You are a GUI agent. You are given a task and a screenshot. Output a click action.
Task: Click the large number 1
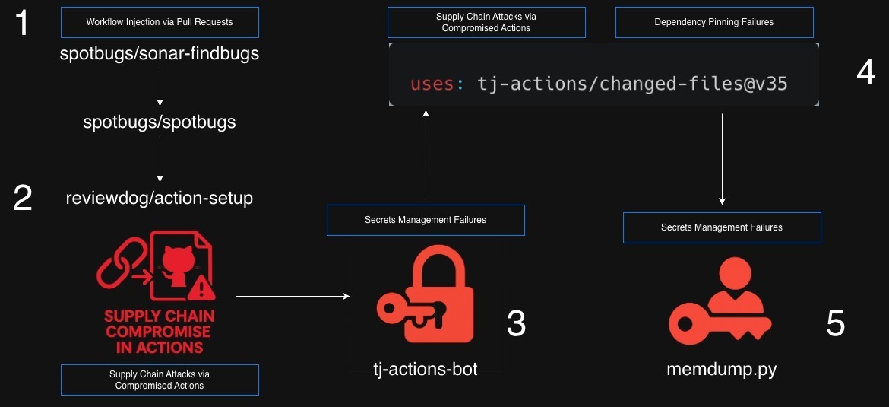[x=22, y=23]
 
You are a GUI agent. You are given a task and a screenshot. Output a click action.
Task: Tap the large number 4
[x=865, y=72]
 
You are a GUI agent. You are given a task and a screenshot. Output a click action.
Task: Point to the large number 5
[x=835, y=324]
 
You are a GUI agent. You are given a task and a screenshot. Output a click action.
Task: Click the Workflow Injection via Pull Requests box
[x=160, y=22]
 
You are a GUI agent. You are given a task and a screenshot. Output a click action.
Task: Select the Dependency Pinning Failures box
[x=713, y=22]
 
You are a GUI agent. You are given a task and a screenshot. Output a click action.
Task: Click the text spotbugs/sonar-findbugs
[x=160, y=54]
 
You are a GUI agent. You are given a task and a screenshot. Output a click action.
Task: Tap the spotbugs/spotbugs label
[x=160, y=122]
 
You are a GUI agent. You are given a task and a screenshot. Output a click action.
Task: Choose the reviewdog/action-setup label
[x=160, y=199]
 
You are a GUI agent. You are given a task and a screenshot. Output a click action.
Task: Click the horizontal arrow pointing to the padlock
[x=293, y=295]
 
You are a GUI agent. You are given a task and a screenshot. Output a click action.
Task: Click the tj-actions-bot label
[x=426, y=369]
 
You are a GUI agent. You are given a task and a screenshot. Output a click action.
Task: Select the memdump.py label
[x=721, y=370]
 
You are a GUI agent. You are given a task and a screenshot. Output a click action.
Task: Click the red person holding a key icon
[x=720, y=302]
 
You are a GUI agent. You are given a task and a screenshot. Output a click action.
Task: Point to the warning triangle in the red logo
[x=202, y=287]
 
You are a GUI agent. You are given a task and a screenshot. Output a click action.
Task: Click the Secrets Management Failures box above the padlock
[x=426, y=220]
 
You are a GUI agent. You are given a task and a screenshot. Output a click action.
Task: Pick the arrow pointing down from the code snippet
[x=721, y=159]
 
